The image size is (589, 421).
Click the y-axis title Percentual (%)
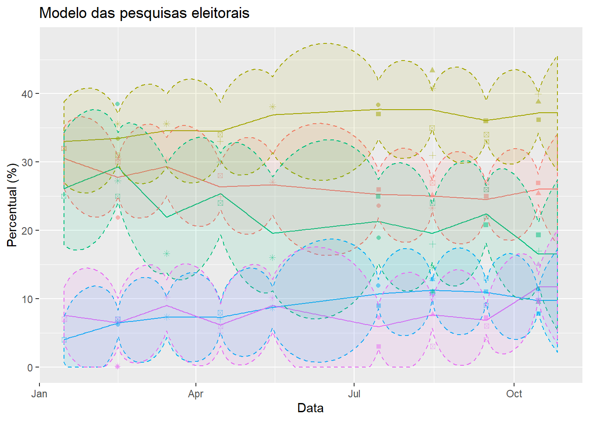pos(12,205)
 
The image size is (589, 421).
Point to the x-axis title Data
pos(310,408)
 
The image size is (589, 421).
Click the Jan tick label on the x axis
pos(39,394)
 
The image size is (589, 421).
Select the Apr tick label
pos(195,394)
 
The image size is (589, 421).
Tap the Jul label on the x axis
pos(354,394)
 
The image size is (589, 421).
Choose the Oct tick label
pos(514,394)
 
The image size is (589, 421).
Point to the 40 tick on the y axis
pos(27,94)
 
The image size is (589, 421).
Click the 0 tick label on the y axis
pos(30,367)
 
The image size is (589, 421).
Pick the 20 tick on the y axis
pos(27,231)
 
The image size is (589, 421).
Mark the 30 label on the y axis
pos(27,162)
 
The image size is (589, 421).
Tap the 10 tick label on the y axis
pos(27,299)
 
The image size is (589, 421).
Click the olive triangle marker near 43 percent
pos(432,70)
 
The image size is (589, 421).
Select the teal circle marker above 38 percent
pos(117,104)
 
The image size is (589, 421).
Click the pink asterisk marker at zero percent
pos(117,367)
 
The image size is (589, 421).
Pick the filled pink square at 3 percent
pos(379,346)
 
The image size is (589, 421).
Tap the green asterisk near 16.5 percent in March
pos(167,253)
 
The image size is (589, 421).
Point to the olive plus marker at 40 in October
pos(538,94)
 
